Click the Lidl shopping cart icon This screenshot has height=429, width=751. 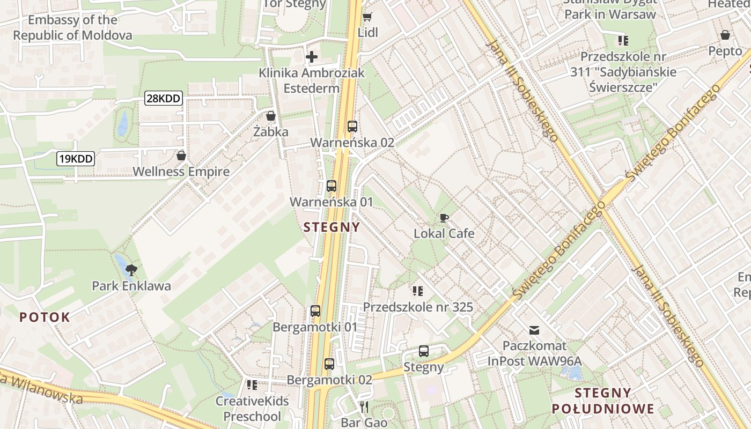pos(367,17)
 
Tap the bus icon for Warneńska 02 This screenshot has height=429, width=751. pos(352,127)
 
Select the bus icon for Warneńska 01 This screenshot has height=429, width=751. pos(332,186)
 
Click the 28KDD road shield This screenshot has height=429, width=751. pos(164,98)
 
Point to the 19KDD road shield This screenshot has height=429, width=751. pos(76,158)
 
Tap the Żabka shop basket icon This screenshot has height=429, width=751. pos(271,116)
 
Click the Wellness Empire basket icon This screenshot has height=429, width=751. pos(181,156)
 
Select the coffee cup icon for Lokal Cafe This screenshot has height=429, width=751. pos(444,218)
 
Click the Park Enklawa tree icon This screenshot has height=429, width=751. pos(131,270)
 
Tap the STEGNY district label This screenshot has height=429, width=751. pos(332,227)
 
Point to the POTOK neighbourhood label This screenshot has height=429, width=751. pos(45,317)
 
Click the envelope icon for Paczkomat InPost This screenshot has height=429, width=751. pos(534,330)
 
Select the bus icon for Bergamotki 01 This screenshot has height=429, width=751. pos(315,311)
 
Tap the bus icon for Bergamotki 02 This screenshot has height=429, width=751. pos(329,364)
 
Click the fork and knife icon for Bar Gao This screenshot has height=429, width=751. pos(364,407)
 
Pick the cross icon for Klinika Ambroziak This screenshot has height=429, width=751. pos(312,56)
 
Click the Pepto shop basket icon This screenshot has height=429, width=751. pos(725,35)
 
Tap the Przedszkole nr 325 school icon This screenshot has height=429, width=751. pos(418,291)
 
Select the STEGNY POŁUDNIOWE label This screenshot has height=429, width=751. pos(603,401)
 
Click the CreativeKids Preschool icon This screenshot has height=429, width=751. pos(252,385)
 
